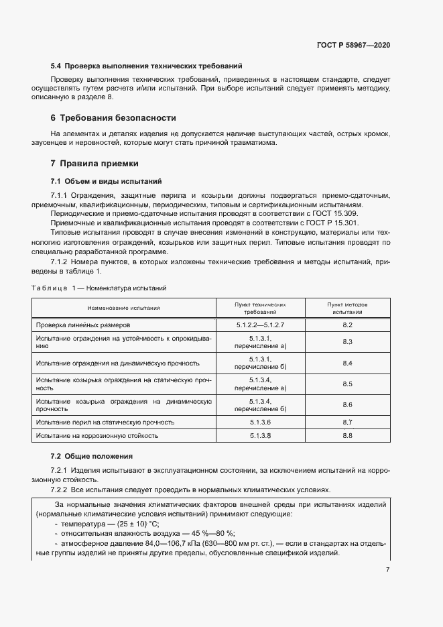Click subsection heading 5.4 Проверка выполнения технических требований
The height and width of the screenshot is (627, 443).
point(146,66)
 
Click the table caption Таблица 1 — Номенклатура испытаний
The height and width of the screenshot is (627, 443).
point(99,288)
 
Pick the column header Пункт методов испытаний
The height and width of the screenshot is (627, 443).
point(346,308)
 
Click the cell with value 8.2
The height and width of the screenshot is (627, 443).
point(347,325)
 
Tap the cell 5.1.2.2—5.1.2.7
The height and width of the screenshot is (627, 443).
point(260,325)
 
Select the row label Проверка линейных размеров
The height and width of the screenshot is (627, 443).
point(78,325)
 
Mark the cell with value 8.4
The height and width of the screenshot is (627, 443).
point(347,363)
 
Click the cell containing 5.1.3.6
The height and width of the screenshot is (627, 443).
point(260,422)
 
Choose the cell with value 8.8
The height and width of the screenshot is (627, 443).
point(347,436)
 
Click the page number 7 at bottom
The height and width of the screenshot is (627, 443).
point(387,569)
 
